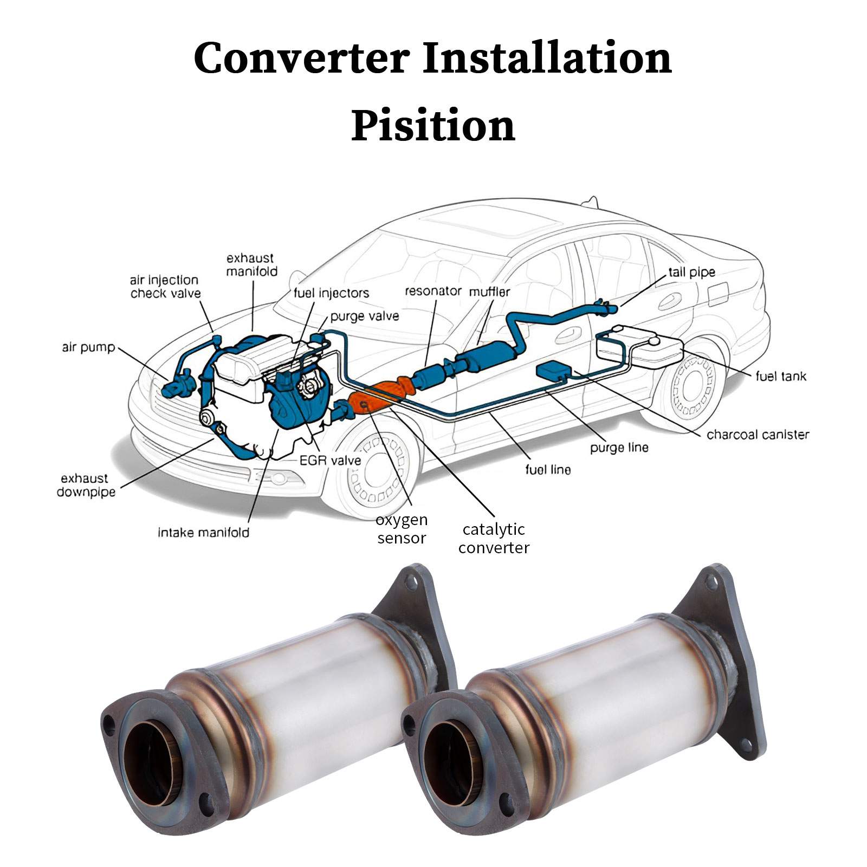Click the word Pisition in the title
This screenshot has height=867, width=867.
433,126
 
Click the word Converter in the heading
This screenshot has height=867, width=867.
302,58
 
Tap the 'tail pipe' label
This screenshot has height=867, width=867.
691,273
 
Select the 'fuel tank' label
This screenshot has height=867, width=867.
781,376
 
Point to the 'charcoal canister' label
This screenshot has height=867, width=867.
758,435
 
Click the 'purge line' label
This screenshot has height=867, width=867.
619,448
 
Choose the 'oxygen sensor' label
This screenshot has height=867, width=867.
402,529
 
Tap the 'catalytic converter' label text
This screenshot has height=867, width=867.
494,538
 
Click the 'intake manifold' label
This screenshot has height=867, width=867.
204,533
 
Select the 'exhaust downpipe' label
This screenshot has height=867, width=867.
86,486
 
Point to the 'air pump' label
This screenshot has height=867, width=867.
88,347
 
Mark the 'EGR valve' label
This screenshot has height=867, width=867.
330,461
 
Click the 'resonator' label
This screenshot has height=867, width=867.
433,291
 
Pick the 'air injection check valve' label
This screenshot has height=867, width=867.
165,287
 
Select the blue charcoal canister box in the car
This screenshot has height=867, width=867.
553,370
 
